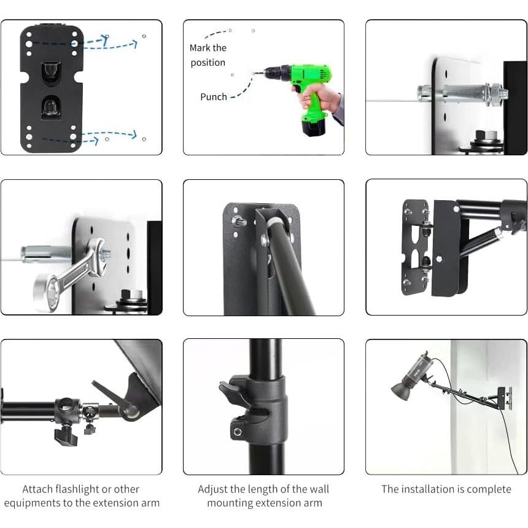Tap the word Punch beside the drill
click(213, 97)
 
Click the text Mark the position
click(208, 55)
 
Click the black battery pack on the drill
click(313, 126)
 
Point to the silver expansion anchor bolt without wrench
click(457, 95)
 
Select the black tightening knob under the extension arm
click(64, 436)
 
